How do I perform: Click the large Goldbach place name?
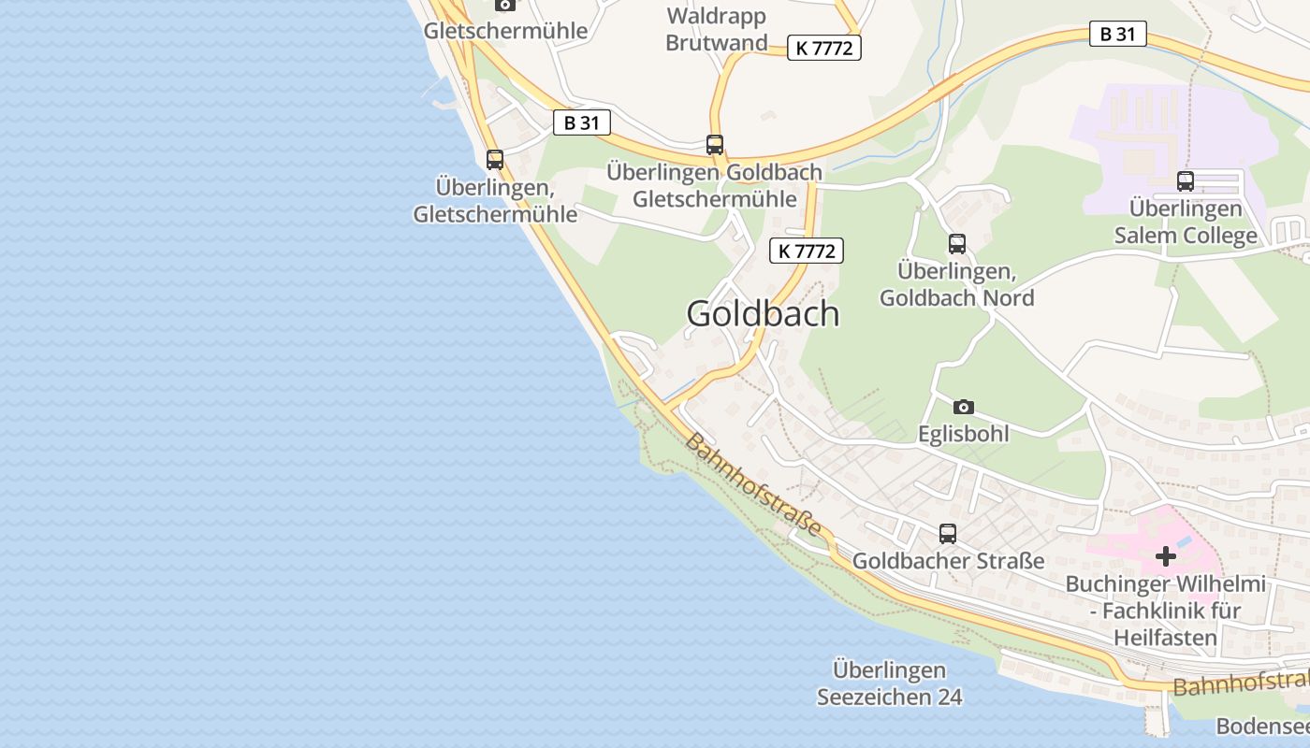click(763, 314)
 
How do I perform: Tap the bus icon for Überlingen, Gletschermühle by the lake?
click(495, 160)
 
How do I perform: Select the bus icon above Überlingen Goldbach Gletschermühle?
click(715, 145)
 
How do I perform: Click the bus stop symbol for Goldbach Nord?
click(957, 244)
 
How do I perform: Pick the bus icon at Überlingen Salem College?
click(1186, 181)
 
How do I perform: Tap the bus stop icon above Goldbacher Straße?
click(948, 534)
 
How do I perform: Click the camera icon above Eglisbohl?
click(964, 407)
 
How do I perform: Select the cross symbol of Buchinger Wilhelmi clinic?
click(1166, 556)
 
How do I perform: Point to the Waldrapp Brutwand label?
click(716, 29)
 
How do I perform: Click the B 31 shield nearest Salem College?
click(1117, 35)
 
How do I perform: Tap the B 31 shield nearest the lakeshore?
click(581, 122)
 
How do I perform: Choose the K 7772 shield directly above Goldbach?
click(806, 251)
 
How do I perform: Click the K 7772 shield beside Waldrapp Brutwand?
click(823, 48)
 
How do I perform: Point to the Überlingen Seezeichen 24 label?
click(889, 683)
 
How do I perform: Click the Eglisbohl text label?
click(963, 434)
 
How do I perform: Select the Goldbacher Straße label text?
click(948, 561)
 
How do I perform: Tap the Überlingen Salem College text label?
click(1186, 222)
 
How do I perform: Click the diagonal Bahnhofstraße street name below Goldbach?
click(758, 484)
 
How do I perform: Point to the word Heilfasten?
click(1165, 639)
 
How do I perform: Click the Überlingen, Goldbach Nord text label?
click(956, 284)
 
